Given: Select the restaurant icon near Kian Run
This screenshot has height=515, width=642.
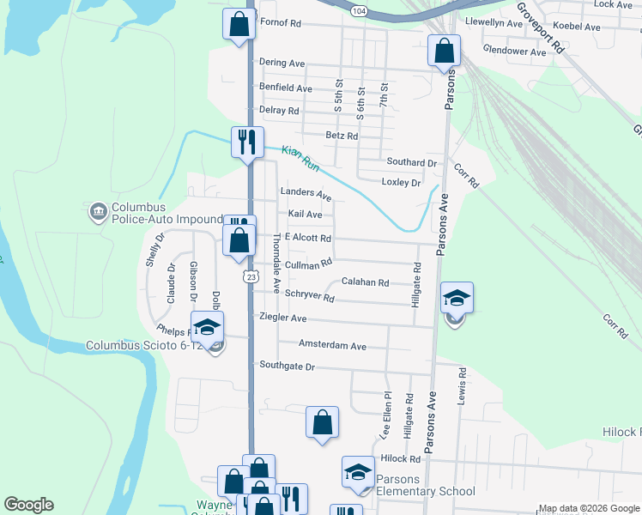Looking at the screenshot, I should click(x=247, y=142).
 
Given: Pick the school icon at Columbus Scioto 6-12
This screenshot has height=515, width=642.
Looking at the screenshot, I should click(x=206, y=328).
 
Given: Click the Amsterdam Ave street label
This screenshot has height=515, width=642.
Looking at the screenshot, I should click(x=332, y=346).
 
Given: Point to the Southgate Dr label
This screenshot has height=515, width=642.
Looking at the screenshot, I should click(x=288, y=367).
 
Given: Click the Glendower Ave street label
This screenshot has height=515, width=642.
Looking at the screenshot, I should click(x=515, y=51).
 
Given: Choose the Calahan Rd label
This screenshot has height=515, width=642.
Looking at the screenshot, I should click(x=366, y=282).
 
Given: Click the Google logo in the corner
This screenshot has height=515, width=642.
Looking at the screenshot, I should click(x=29, y=505).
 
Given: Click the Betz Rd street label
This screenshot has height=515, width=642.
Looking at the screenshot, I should click(x=342, y=136).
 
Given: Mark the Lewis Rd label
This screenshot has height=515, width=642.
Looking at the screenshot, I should click(x=462, y=387).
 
